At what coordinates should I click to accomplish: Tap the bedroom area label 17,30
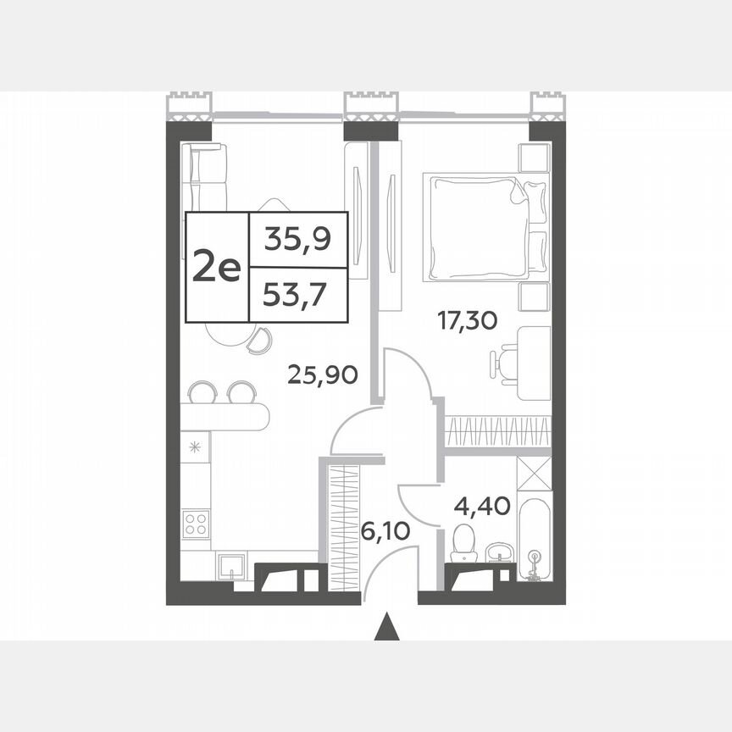(467, 320)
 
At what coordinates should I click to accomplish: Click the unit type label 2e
(218, 267)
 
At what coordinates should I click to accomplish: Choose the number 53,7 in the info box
(297, 296)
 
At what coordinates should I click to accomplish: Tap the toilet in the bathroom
(463, 542)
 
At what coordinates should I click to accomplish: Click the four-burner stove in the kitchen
(197, 524)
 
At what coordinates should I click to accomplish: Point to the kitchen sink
(230, 566)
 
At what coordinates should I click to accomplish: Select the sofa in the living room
(207, 175)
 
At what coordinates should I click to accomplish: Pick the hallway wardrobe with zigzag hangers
(344, 526)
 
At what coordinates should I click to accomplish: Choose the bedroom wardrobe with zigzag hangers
(497, 431)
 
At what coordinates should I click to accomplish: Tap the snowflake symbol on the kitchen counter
(196, 447)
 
